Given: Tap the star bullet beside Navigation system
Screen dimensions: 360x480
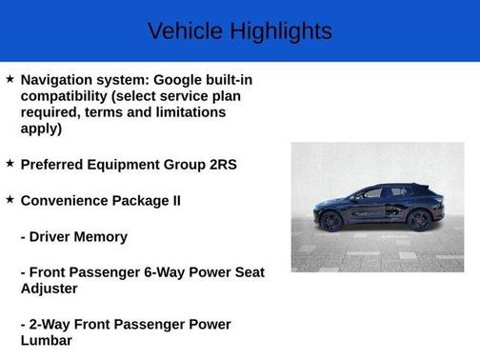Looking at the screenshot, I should tap(10, 79).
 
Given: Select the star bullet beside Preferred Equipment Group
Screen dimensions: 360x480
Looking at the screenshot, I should tap(10, 164).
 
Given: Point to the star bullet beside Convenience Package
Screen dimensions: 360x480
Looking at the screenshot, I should tap(10, 200).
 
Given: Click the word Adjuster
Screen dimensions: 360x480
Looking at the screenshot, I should tap(50, 289).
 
